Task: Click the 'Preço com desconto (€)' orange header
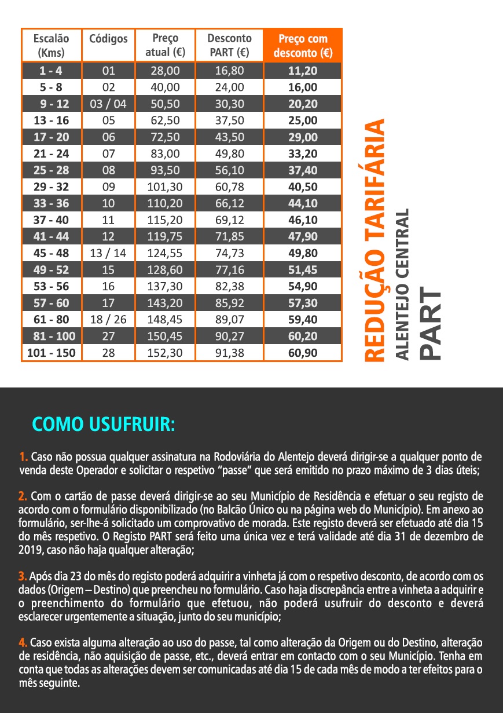pos(302,46)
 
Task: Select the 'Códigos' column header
pos(108,39)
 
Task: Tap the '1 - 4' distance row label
pos(51,71)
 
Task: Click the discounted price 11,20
pos(302,71)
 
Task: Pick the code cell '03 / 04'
pos(108,104)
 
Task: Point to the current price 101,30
pos(165,187)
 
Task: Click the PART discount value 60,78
pos(229,187)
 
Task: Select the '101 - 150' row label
pos(51,352)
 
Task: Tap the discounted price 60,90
pos(302,352)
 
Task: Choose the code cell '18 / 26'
pos(108,319)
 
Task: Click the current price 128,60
pos(165,270)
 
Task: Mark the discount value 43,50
pos(229,137)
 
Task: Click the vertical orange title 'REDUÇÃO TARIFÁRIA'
pos(375,241)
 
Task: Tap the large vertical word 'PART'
pos(431,324)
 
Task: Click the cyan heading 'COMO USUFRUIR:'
pos(102,424)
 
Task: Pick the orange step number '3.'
pos(23,576)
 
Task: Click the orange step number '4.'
pos(23,642)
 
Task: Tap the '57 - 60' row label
pos(51,303)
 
